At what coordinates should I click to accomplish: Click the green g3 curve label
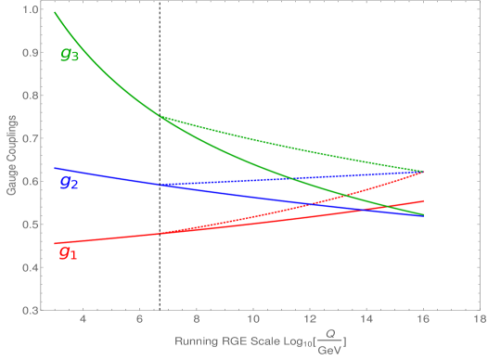point(70,54)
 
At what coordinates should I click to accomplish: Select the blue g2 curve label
point(69,182)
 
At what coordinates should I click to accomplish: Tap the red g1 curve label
point(68,251)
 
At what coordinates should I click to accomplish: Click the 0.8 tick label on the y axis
point(30,96)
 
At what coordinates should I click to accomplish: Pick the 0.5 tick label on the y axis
point(30,225)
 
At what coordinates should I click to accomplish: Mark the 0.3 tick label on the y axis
point(30,310)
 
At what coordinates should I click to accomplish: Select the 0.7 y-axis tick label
point(30,138)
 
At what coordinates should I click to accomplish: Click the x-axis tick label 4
point(83,323)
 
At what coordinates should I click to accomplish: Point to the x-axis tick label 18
point(480,323)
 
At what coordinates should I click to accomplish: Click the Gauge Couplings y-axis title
point(10,156)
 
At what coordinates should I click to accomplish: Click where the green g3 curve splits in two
point(160,116)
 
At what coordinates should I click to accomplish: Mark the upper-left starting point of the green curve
point(55,12)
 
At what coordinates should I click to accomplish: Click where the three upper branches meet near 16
point(424,172)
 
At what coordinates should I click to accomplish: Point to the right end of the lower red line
point(424,200)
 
